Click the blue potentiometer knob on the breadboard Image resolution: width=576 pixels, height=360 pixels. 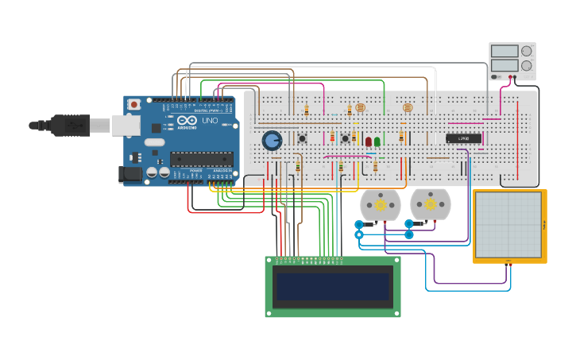point(272,141)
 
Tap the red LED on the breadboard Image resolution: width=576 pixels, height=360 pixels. point(368,141)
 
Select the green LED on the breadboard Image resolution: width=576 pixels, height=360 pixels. point(377,141)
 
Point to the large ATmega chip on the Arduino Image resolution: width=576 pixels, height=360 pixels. point(201,159)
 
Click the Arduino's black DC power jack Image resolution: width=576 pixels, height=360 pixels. point(130,174)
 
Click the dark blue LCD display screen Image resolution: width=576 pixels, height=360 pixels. point(333,287)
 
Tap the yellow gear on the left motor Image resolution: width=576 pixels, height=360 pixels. point(381,205)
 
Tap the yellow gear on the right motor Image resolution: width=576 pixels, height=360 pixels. point(430,205)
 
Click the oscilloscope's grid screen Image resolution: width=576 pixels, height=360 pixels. point(508,225)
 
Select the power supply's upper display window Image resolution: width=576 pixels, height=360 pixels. point(504,52)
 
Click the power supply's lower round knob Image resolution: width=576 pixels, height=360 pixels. point(526,66)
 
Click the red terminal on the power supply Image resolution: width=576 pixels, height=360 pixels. point(509,77)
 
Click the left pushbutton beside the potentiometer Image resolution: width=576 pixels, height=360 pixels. point(302,138)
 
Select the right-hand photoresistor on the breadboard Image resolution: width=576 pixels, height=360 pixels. point(408,107)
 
